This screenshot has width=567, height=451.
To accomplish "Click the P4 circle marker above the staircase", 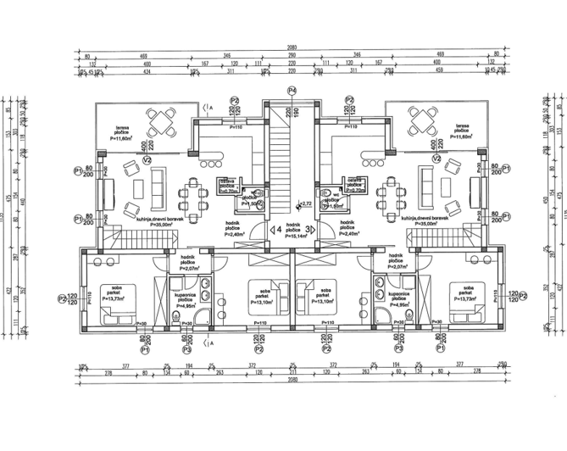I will tap(291, 90).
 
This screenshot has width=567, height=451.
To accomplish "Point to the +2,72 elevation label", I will tap(305, 204).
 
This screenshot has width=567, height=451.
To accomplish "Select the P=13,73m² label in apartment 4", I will tap(114, 299).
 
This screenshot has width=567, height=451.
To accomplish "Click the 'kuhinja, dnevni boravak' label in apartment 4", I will tap(140, 220).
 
